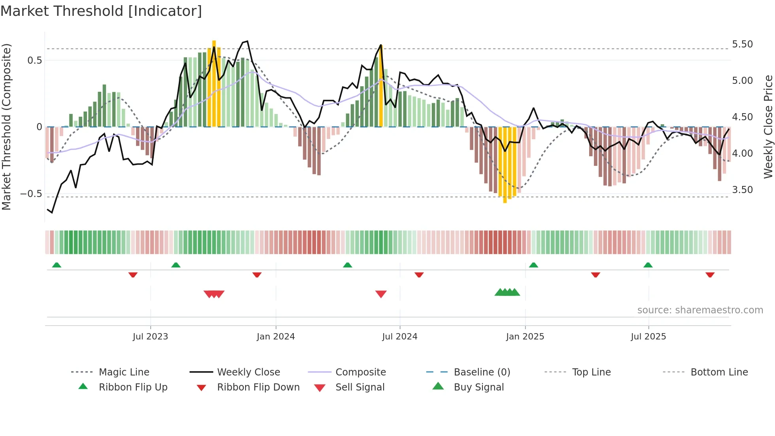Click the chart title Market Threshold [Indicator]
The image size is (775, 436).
101,11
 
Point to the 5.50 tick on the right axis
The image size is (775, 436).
742,44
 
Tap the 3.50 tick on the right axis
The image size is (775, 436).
742,190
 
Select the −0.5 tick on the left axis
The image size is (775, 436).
31,194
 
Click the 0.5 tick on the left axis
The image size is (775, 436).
34,61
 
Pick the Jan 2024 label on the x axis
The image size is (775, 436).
276,337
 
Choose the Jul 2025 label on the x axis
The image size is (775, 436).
648,337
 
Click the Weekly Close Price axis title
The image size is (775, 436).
768,127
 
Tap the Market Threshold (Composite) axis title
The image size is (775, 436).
6,127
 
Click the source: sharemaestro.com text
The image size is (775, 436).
700,310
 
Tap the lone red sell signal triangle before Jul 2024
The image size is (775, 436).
381,294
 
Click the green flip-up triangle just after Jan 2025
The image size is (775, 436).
533,265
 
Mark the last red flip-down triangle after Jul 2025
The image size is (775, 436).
710,275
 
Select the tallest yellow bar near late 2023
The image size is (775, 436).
214,83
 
